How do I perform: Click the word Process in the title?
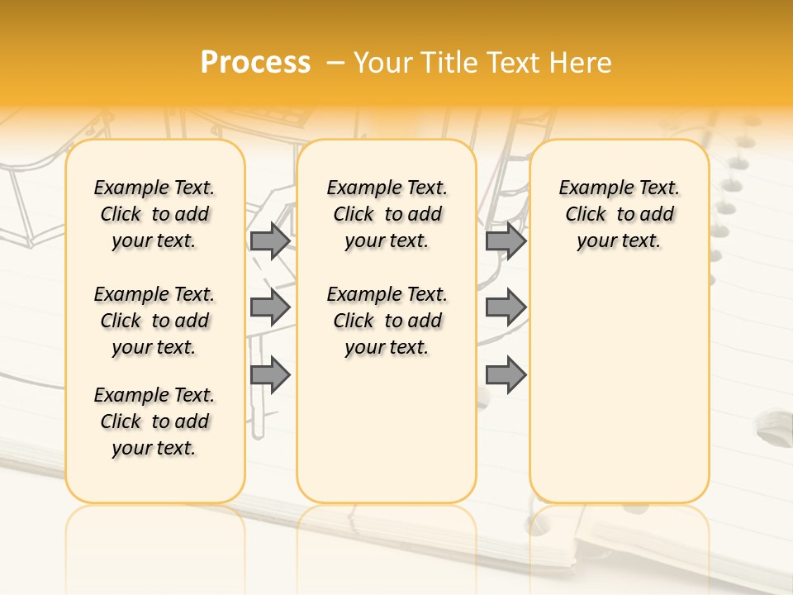click(255, 63)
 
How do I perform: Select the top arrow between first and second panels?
click(270, 240)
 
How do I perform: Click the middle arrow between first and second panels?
click(270, 307)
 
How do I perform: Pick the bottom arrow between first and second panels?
click(270, 374)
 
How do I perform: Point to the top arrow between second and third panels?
click(506, 240)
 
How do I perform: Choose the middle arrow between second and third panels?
click(506, 307)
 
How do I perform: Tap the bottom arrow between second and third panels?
click(506, 374)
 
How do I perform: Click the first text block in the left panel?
click(154, 214)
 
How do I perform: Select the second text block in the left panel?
click(154, 321)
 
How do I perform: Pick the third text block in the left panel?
click(154, 421)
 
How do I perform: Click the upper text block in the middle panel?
click(387, 214)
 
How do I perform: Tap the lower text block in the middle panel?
click(387, 321)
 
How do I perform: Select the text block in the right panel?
click(620, 214)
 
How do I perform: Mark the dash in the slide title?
click(335, 63)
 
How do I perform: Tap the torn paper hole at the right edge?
click(773, 430)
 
